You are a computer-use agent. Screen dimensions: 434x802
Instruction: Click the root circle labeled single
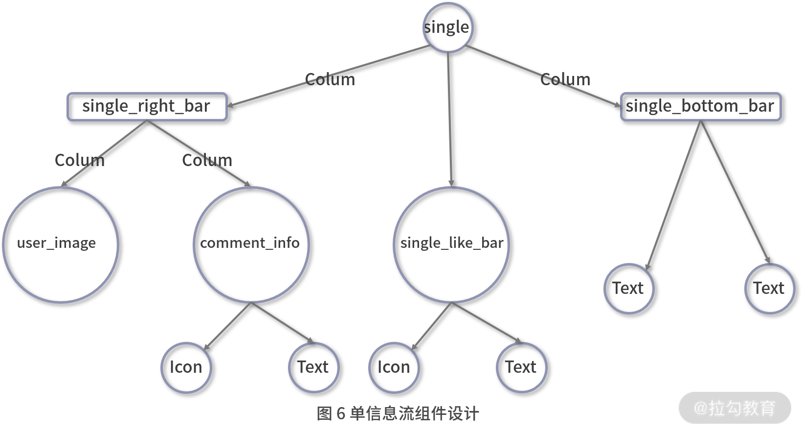(x=447, y=27)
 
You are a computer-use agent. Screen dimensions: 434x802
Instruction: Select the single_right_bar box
(x=147, y=106)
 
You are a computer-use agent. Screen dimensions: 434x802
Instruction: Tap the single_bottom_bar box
(x=700, y=106)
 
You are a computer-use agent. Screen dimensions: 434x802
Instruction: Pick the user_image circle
(x=60, y=244)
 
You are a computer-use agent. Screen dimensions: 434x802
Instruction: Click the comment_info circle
(x=251, y=244)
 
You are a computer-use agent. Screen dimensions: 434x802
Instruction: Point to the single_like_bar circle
(x=451, y=244)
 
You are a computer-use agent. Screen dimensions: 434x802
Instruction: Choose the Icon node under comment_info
(x=186, y=367)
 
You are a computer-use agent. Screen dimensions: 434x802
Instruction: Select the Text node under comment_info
(x=313, y=367)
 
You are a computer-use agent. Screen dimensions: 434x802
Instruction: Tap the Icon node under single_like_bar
(x=394, y=367)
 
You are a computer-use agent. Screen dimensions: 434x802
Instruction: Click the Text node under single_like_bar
(x=521, y=367)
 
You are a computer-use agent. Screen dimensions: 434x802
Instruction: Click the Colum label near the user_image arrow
(x=79, y=160)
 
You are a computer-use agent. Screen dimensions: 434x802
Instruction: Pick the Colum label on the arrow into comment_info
(x=207, y=160)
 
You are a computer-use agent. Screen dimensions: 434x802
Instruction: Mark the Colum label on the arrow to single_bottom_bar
(x=565, y=79)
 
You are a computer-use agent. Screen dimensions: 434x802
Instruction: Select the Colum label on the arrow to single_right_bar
(x=330, y=79)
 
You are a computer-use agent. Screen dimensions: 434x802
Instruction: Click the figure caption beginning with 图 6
(x=398, y=414)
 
